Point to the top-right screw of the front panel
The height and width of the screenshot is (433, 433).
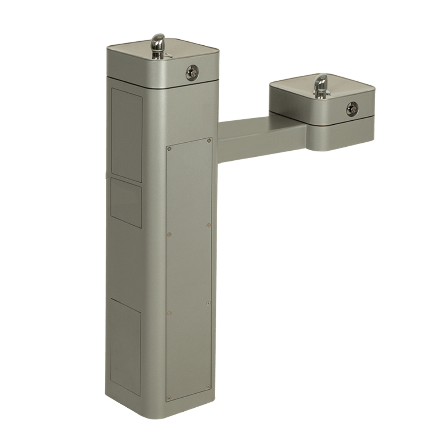pos(209,140)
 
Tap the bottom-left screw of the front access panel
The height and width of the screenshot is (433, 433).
pos(169,399)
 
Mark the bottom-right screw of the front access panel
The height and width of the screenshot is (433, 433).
pos(208,387)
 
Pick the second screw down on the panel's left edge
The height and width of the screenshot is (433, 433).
pos(169,234)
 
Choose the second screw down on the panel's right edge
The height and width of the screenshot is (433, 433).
pos(208,225)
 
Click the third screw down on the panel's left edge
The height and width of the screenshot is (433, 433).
pos(169,313)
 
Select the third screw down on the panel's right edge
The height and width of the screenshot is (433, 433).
pos(208,303)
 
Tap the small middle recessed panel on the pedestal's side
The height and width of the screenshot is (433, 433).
pos(126,202)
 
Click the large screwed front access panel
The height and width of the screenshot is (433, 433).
pos(188,269)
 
